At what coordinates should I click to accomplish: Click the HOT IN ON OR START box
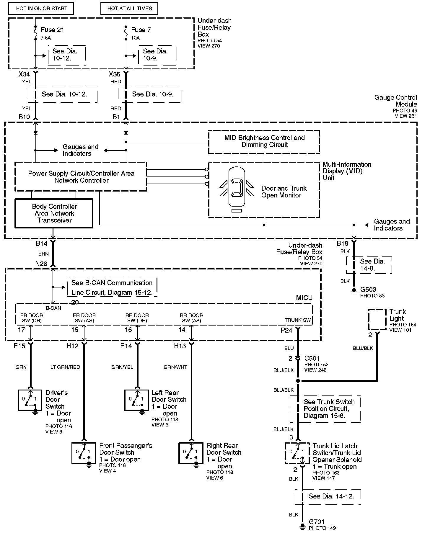tap(41, 9)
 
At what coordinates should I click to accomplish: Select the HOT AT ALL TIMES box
tap(129, 9)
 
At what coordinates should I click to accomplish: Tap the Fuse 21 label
tap(52, 30)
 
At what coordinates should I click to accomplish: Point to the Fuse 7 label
tap(141, 30)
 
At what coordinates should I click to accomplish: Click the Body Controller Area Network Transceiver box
tap(54, 213)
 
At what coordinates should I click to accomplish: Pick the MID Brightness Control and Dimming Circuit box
tap(264, 142)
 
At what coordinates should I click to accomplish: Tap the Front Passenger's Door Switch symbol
tap(84, 452)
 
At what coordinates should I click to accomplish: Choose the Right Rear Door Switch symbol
tap(191, 452)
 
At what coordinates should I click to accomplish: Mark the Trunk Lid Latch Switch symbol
tap(297, 453)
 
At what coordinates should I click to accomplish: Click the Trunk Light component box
tap(377, 319)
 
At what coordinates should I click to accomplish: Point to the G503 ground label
tap(368, 290)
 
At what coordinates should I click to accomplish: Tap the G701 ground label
tap(317, 522)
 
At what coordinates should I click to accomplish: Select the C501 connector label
tap(312, 358)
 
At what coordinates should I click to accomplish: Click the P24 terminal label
tap(286, 330)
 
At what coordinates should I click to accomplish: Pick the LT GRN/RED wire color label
tap(65, 367)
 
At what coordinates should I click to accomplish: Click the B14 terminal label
tap(42, 243)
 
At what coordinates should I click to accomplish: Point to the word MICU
tap(304, 298)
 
